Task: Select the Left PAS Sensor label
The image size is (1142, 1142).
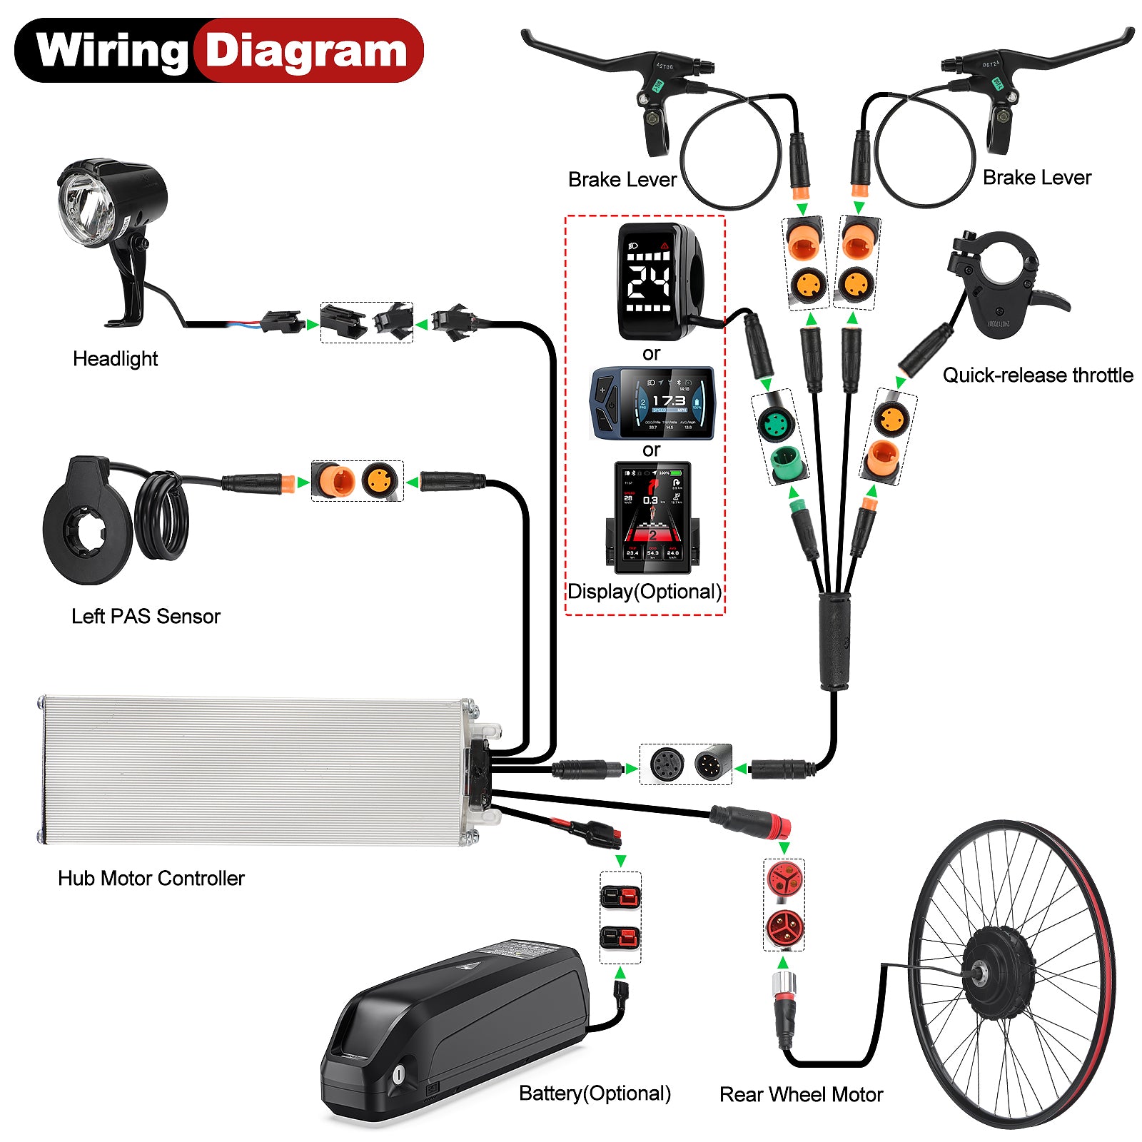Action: click(x=146, y=616)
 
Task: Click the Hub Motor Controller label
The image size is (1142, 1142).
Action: click(x=151, y=878)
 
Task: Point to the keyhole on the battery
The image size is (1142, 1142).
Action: click(x=398, y=1074)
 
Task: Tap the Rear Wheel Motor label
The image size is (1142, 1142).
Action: click(x=801, y=1094)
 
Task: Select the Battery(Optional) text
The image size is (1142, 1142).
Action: click(x=595, y=1093)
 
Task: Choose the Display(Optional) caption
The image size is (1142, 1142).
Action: click(x=645, y=592)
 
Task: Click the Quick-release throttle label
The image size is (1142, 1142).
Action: click(x=1038, y=375)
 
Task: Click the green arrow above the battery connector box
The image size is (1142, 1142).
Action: click(x=620, y=860)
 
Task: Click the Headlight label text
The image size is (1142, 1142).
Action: click(x=115, y=358)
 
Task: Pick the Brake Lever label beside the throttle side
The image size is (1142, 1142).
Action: click(x=1036, y=178)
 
